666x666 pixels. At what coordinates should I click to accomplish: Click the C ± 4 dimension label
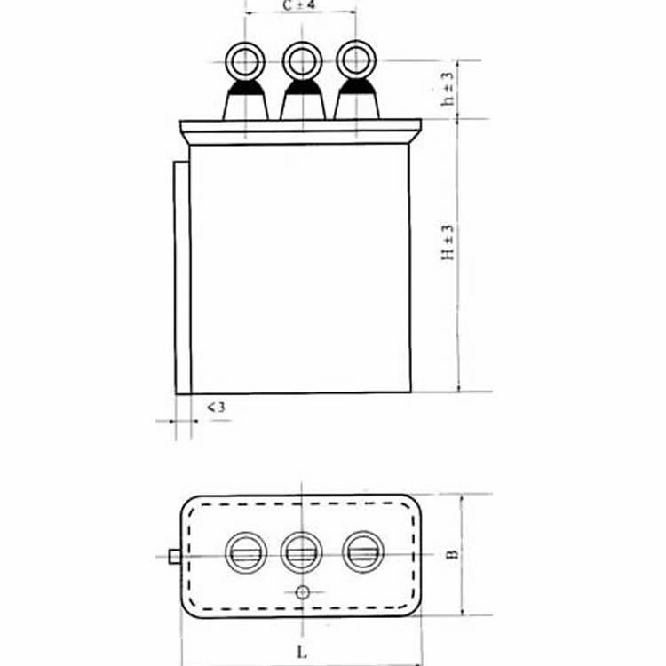click(299, 6)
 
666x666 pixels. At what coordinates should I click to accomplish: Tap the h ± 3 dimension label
click(448, 89)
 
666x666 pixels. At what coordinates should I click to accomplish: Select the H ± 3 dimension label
click(448, 242)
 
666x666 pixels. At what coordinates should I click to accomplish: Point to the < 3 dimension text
click(216, 408)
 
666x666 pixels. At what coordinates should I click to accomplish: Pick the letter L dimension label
click(302, 652)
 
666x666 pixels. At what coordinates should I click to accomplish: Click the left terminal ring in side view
click(245, 62)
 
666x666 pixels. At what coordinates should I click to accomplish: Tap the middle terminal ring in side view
click(302, 61)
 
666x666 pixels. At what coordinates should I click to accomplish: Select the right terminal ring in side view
click(356, 60)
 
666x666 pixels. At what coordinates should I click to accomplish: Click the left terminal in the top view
click(246, 552)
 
